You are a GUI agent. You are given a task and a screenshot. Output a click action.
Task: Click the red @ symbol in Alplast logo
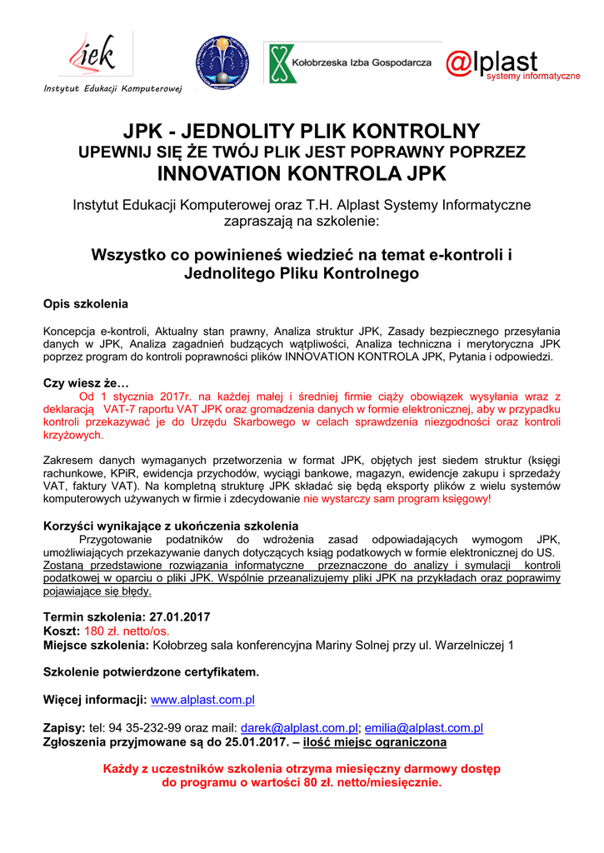pos(458,63)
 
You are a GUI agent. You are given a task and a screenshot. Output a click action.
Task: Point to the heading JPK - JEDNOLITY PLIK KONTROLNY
pos(302,132)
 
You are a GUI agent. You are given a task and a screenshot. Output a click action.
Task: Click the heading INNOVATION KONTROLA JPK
pos(302,173)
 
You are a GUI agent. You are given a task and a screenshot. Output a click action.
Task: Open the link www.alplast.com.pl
pos(202,700)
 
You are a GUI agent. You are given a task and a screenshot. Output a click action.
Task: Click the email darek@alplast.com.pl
pos(299,728)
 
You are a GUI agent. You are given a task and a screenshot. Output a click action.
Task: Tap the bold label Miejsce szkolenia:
pos(96,645)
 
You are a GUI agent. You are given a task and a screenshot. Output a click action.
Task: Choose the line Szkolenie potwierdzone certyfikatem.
pos(151,671)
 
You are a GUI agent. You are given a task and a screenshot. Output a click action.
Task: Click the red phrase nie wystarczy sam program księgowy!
pos(397,500)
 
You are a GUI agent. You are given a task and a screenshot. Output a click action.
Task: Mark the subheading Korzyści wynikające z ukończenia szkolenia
pos(170,526)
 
